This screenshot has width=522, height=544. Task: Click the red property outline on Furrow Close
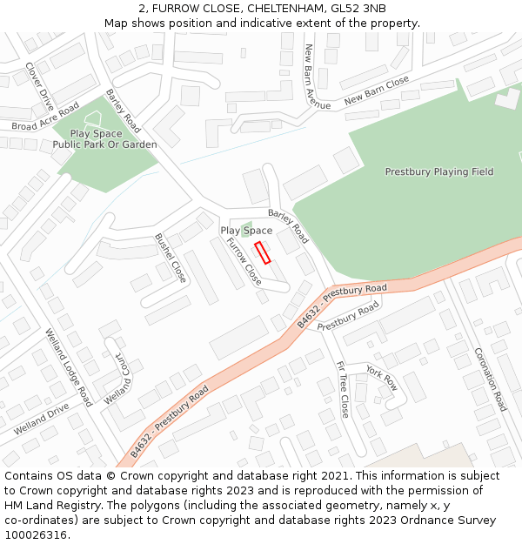(x=263, y=252)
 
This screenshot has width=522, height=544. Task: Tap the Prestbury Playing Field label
(x=438, y=172)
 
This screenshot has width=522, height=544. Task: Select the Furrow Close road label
(x=244, y=261)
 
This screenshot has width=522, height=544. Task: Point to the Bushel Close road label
(x=171, y=258)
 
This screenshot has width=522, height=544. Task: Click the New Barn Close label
(x=376, y=91)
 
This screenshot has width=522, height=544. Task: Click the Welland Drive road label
(x=41, y=420)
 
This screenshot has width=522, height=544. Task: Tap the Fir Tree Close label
(x=342, y=389)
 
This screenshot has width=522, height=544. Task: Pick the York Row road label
(x=381, y=377)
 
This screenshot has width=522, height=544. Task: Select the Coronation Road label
(x=490, y=379)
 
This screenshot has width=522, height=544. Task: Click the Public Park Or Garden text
(x=104, y=145)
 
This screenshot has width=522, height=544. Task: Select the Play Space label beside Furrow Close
(x=246, y=231)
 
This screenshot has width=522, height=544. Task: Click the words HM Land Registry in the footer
(x=48, y=506)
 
